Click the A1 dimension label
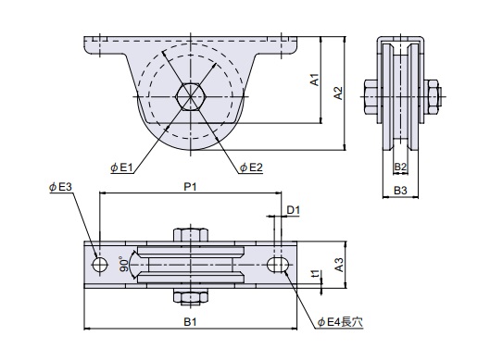click(x=315, y=80)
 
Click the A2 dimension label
click(x=338, y=93)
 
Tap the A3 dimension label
click(x=339, y=265)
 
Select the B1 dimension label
click(x=190, y=322)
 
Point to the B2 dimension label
click(x=400, y=167)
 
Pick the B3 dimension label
click(x=400, y=190)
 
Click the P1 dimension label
click(x=190, y=187)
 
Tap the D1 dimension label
click(x=294, y=210)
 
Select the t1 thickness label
click(x=316, y=274)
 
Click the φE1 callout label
click(x=122, y=168)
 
